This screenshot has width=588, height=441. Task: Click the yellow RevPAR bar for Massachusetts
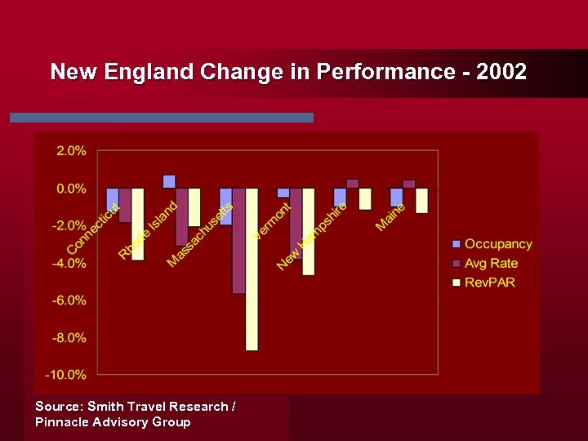(x=251, y=269)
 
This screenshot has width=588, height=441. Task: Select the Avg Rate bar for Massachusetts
(x=238, y=240)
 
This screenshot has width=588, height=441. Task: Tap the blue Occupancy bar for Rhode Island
(x=169, y=181)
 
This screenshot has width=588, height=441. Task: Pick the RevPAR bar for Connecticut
(x=137, y=224)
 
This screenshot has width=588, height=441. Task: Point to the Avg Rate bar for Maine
(x=409, y=184)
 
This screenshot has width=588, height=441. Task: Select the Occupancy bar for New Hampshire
(x=340, y=197)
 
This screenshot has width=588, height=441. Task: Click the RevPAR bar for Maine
(x=421, y=200)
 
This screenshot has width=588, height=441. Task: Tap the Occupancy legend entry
(x=497, y=244)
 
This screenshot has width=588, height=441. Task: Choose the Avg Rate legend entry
(x=491, y=264)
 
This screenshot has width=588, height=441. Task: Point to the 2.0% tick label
(x=71, y=151)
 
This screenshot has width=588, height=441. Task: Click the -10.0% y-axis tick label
(x=68, y=375)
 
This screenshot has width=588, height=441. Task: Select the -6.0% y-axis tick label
(x=70, y=301)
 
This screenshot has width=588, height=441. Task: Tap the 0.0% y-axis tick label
(x=71, y=189)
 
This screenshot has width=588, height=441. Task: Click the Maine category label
(x=391, y=216)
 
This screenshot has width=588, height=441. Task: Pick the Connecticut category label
(x=93, y=228)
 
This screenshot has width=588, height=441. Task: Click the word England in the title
(x=149, y=72)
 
